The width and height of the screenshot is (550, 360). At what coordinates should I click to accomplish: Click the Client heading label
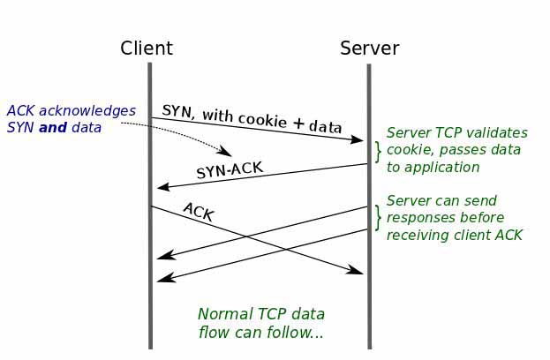pos(147,49)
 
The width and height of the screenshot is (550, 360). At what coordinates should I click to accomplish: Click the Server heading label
pos(369,49)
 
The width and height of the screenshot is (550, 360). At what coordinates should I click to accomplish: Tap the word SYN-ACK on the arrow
pos(230,170)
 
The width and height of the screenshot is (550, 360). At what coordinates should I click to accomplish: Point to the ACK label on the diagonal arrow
pos(198,212)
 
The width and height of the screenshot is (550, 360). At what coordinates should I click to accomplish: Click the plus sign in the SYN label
pos(298,124)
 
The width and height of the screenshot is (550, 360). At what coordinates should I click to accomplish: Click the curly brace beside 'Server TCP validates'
pos(379,151)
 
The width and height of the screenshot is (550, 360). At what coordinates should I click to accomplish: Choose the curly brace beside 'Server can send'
pos(379,218)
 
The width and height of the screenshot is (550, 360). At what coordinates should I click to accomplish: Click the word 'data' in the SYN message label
pos(325,127)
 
